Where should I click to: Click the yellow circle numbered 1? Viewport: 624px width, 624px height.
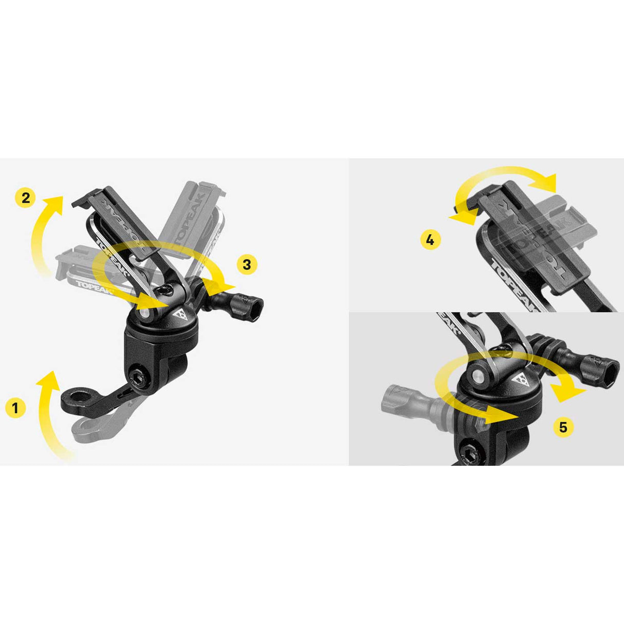(15, 408)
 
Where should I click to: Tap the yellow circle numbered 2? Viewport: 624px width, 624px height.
(26, 197)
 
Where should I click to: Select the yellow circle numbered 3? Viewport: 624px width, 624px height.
(247, 264)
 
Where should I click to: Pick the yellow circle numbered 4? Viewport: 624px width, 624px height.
(430, 240)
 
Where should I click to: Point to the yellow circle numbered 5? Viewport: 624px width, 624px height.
(563, 427)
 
